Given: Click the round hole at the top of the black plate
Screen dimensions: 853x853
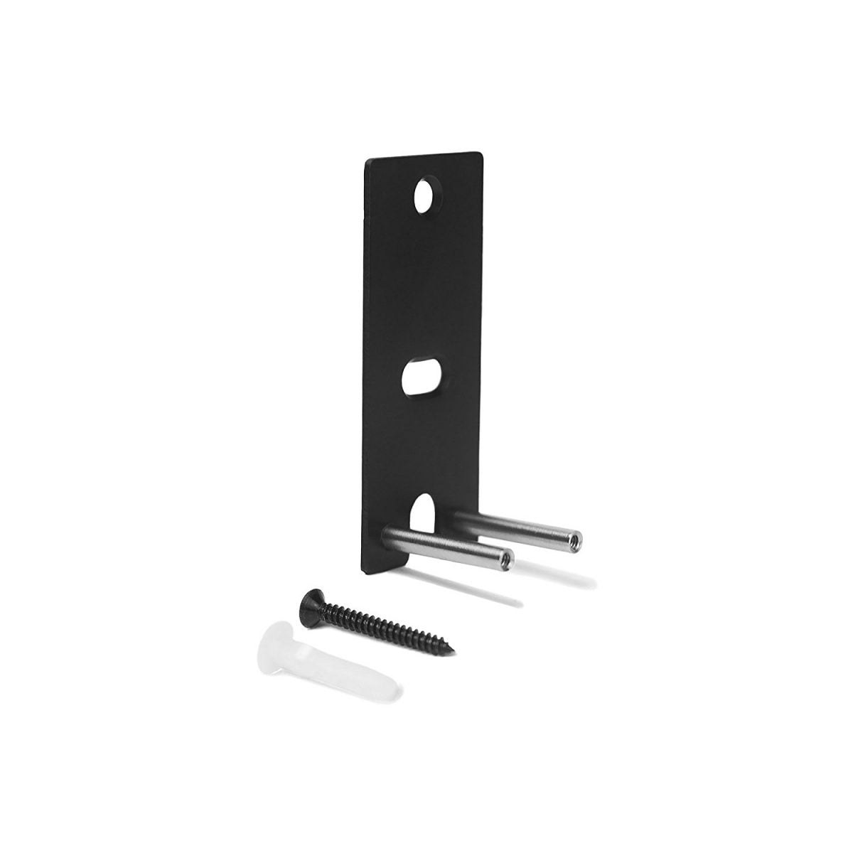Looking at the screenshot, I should coord(427,194).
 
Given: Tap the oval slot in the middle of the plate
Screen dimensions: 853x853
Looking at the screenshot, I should coord(422,377).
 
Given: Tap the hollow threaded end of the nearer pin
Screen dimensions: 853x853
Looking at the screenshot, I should coord(505,559).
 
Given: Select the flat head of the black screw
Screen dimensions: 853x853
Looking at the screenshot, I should coord(311,596).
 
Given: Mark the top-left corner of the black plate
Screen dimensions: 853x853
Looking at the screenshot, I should coord(367,163).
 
